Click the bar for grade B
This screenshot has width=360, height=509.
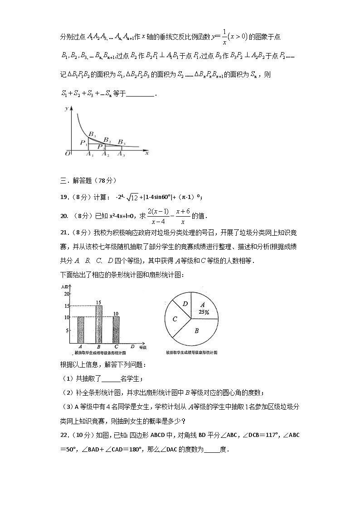tap(99, 325)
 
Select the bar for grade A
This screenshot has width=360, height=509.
tap(81, 330)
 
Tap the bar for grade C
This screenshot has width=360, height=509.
tap(116, 330)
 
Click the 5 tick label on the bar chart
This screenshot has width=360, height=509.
tap(67, 330)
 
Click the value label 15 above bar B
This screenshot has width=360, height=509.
tap(98, 302)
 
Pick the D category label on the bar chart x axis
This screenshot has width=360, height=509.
tap(132, 347)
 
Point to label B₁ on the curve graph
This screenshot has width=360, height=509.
tap(92, 134)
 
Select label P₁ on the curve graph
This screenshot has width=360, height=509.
tap(83, 143)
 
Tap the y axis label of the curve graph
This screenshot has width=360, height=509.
tap(66, 109)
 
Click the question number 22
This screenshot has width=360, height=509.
tap(64, 436)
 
